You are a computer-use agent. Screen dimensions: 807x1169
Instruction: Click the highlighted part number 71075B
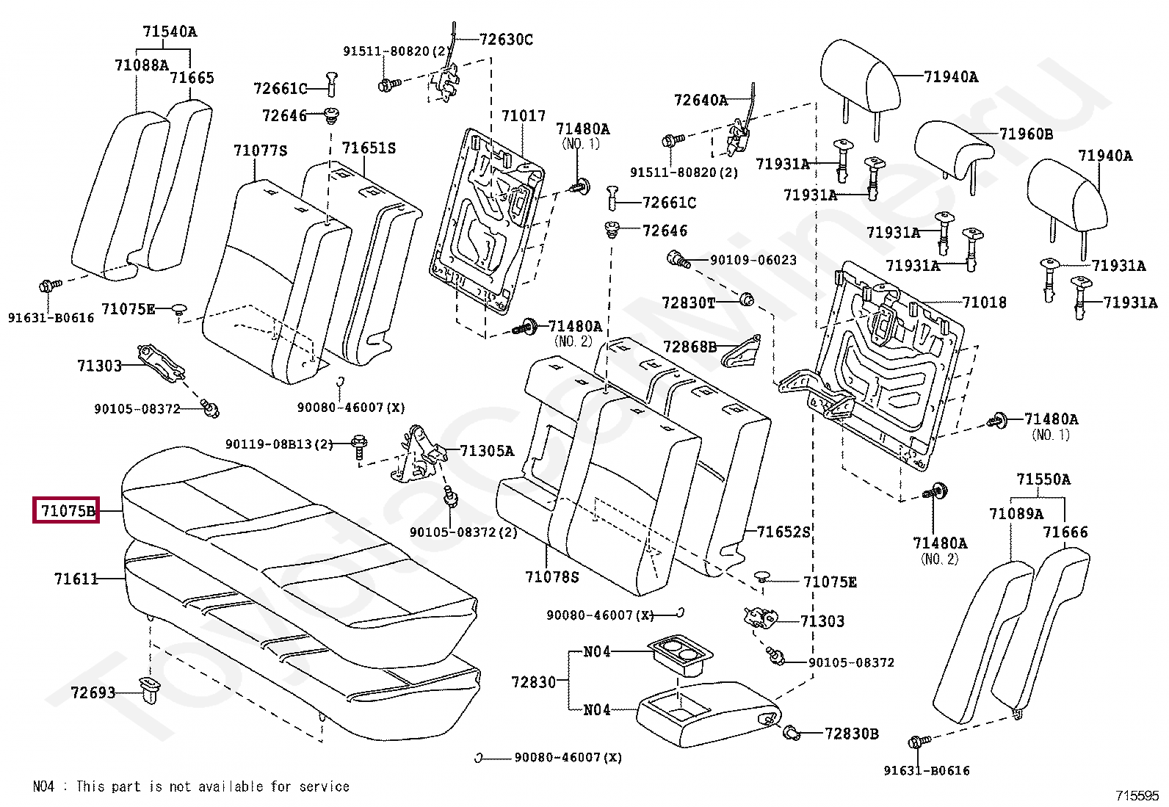pyautogui.click(x=68, y=510)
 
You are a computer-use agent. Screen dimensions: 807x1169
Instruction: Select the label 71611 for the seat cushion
pyautogui.click(x=76, y=579)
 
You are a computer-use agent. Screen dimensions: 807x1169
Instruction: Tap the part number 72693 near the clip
pyautogui.click(x=93, y=692)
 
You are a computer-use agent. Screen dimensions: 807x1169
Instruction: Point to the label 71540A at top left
pyautogui.click(x=170, y=32)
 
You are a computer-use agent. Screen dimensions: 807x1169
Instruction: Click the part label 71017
pyautogui.click(x=524, y=116)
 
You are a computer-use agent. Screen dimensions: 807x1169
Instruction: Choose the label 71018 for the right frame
pyautogui.click(x=984, y=303)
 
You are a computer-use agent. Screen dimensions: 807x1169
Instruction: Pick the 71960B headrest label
pyautogui.click(x=1026, y=134)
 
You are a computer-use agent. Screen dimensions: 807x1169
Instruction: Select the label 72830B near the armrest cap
pyautogui.click(x=851, y=734)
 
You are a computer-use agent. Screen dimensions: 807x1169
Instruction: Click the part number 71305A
pyautogui.click(x=487, y=451)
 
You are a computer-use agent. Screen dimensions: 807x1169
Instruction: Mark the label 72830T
pyautogui.click(x=688, y=303)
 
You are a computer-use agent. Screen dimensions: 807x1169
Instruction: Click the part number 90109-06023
pyautogui.click(x=753, y=260)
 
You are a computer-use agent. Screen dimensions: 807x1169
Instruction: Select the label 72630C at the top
pyautogui.click(x=506, y=40)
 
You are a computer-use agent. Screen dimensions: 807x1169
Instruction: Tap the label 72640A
pyautogui.click(x=701, y=100)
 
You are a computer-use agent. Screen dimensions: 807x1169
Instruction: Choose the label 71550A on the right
pyautogui.click(x=1043, y=480)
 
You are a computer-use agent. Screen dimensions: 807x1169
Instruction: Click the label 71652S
pyautogui.click(x=783, y=532)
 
